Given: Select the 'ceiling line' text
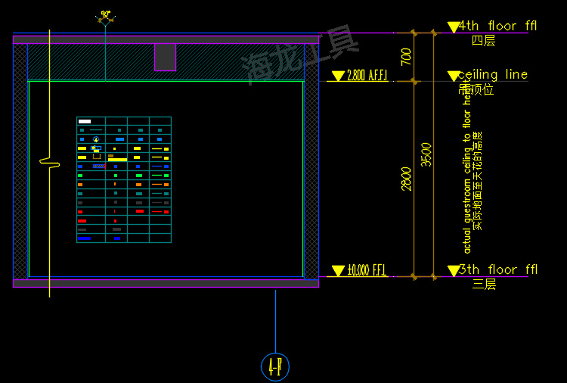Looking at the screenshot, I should pyautogui.click(x=492, y=74).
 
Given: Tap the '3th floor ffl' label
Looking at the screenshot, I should pyautogui.click(x=498, y=269).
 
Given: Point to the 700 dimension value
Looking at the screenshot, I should pyautogui.click(x=407, y=57).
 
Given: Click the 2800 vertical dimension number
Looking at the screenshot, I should pyautogui.click(x=407, y=179).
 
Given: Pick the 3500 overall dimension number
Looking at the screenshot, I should pyautogui.click(x=427, y=154).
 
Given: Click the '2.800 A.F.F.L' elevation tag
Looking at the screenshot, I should pyautogui.click(x=367, y=76).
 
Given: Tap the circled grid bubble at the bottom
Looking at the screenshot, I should pyautogui.click(x=275, y=366).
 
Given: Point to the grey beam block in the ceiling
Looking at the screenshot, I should pyautogui.click(x=165, y=57).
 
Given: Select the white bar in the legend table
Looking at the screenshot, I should pyautogui.click(x=85, y=121).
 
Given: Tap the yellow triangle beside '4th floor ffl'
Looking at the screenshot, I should pyautogui.click(x=453, y=27).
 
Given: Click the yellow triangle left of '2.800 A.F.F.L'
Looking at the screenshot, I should pyautogui.click(x=338, y=76).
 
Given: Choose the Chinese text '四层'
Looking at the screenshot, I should pyautogui.click(x=483, y=40).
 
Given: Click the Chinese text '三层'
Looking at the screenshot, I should pyautogui.click(x=483, y=284).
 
